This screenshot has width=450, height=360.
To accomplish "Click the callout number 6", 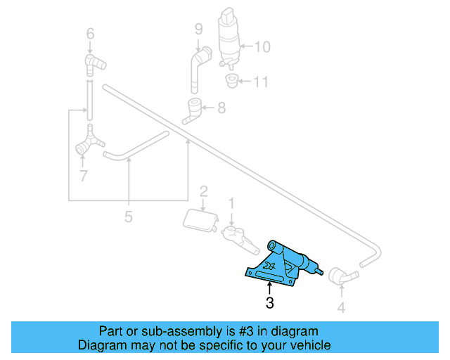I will [89, 33].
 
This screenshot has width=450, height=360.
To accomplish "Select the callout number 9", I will [199, 30].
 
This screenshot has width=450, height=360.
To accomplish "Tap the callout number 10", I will [262, 48].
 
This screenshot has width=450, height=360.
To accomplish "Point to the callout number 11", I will [261, 82].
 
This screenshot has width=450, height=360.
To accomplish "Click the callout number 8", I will [221, 108].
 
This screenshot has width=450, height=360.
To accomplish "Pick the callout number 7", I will [83, 176].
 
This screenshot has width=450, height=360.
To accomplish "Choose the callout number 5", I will [128, 217].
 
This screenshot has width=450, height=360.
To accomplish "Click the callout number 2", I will [203, 191].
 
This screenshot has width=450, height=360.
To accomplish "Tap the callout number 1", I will [231, 203].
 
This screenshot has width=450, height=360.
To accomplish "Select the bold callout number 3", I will [269, 304].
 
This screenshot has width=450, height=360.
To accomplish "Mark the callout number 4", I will [341, 307].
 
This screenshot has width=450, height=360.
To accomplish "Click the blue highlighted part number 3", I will [281, 264].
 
